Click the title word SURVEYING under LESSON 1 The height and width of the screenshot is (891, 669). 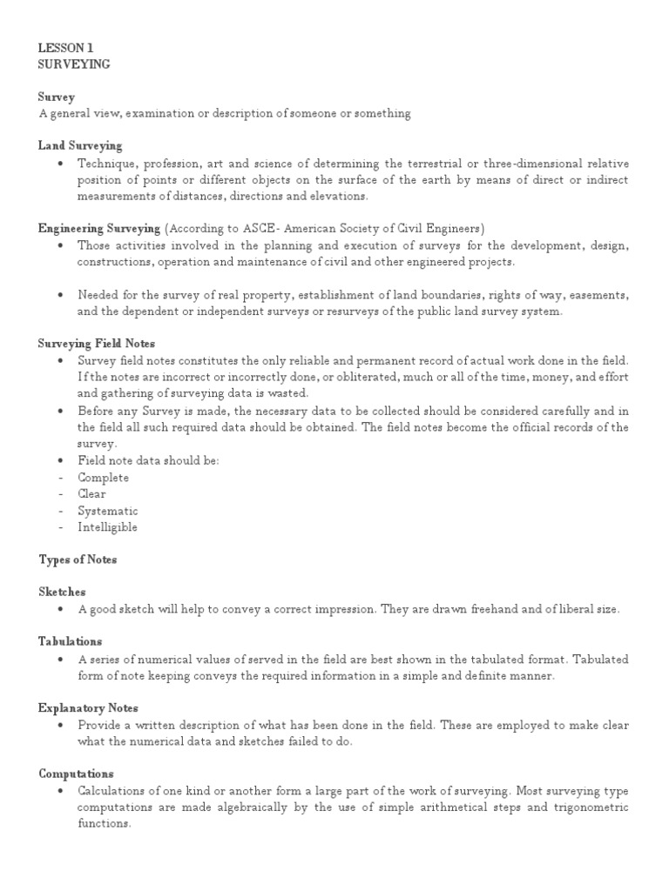(74, 65)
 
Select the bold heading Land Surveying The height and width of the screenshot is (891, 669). (80, 145)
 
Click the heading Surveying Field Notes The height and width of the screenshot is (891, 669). (97, 344)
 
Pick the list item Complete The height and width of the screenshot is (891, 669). (103, 477)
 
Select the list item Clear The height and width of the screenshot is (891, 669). (91, 493)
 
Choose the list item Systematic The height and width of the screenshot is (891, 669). (107, 511)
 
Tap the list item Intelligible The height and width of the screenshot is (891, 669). (107, 527)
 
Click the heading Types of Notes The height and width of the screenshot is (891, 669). (78, 559)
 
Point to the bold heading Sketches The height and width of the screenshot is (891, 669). (62, 592)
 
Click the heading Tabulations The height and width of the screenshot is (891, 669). (71, 641)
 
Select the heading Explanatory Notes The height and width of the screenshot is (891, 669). (88, 707)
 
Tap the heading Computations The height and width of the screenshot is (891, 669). (76, 774)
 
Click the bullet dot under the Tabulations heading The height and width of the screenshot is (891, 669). (58, 659)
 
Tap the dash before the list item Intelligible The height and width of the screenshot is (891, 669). (59, 527)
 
